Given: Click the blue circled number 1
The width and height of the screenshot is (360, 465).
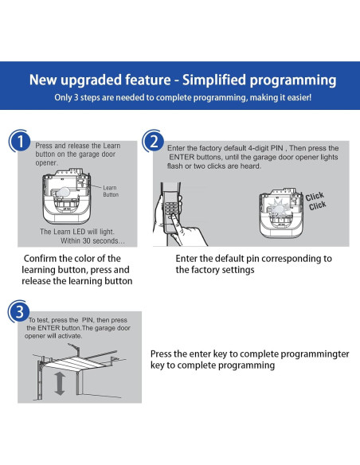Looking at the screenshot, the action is coord(20,142).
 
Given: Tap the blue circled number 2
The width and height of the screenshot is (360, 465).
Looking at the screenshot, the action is coord(153,142).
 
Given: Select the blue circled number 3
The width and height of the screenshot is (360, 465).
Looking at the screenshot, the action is coord(19,311).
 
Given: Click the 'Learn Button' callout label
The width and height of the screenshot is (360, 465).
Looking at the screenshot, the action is coord(111,191).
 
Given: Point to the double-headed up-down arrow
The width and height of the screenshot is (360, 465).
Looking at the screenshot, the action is coord(60,384).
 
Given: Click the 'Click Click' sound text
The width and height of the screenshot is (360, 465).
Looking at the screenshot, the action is coord(316,201).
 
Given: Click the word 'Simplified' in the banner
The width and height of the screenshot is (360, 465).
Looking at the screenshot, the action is coord(213,80).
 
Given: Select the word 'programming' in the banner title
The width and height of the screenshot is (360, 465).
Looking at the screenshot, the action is coord(293,80).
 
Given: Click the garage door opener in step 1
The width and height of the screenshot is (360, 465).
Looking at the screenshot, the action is coord(67,197).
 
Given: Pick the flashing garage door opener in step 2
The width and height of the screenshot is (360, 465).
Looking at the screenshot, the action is coord(281,213).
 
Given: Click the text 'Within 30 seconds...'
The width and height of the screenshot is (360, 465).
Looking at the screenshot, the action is coord(92,240).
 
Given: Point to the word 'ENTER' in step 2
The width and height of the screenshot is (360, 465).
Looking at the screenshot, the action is coord(182,157).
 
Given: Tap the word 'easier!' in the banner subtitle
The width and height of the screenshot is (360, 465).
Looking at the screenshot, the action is coord(299,98).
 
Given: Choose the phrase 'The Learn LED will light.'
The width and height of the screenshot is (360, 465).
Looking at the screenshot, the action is coord(77,232).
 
